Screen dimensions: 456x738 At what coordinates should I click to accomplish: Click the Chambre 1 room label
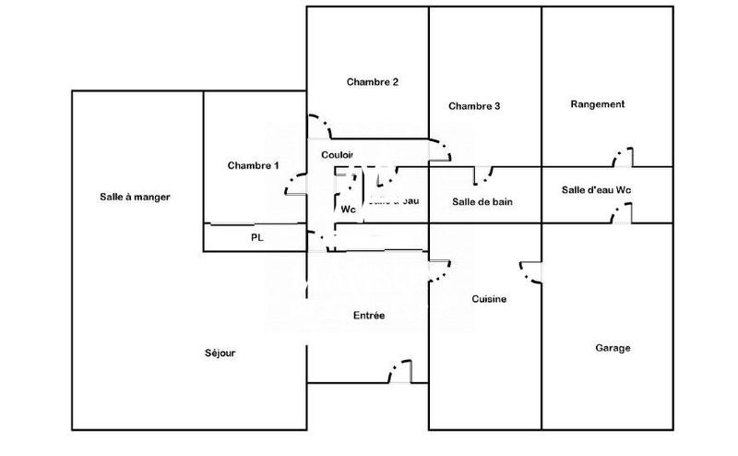tap(252, 165)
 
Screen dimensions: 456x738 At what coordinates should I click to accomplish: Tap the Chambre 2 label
tap(373, 82)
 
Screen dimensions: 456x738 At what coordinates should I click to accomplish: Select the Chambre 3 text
tap(474, 106)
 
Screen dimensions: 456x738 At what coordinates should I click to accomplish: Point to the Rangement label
tap(598, 104)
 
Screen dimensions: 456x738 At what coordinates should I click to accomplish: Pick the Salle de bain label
tap(482, 201)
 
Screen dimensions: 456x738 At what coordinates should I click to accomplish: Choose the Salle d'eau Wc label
tap(597, 190)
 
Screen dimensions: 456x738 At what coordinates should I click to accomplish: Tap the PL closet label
tap(257, 237)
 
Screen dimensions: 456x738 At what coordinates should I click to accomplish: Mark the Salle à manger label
tap(135, 197)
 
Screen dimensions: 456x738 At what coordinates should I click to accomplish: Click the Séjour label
tap(220, 354)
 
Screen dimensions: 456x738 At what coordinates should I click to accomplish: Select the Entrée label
tap(369, 316)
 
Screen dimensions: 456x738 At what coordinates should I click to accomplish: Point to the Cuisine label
tap(488, 299)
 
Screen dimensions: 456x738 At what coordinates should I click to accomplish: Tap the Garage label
tap(613, 348)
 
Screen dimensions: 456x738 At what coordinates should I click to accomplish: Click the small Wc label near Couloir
tap(348, 210)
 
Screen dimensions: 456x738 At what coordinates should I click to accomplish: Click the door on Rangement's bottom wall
tap(623, 156)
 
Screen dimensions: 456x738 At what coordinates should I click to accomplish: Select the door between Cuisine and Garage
tap(531, 273)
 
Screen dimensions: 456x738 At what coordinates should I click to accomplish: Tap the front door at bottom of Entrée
tap(399, 372)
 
